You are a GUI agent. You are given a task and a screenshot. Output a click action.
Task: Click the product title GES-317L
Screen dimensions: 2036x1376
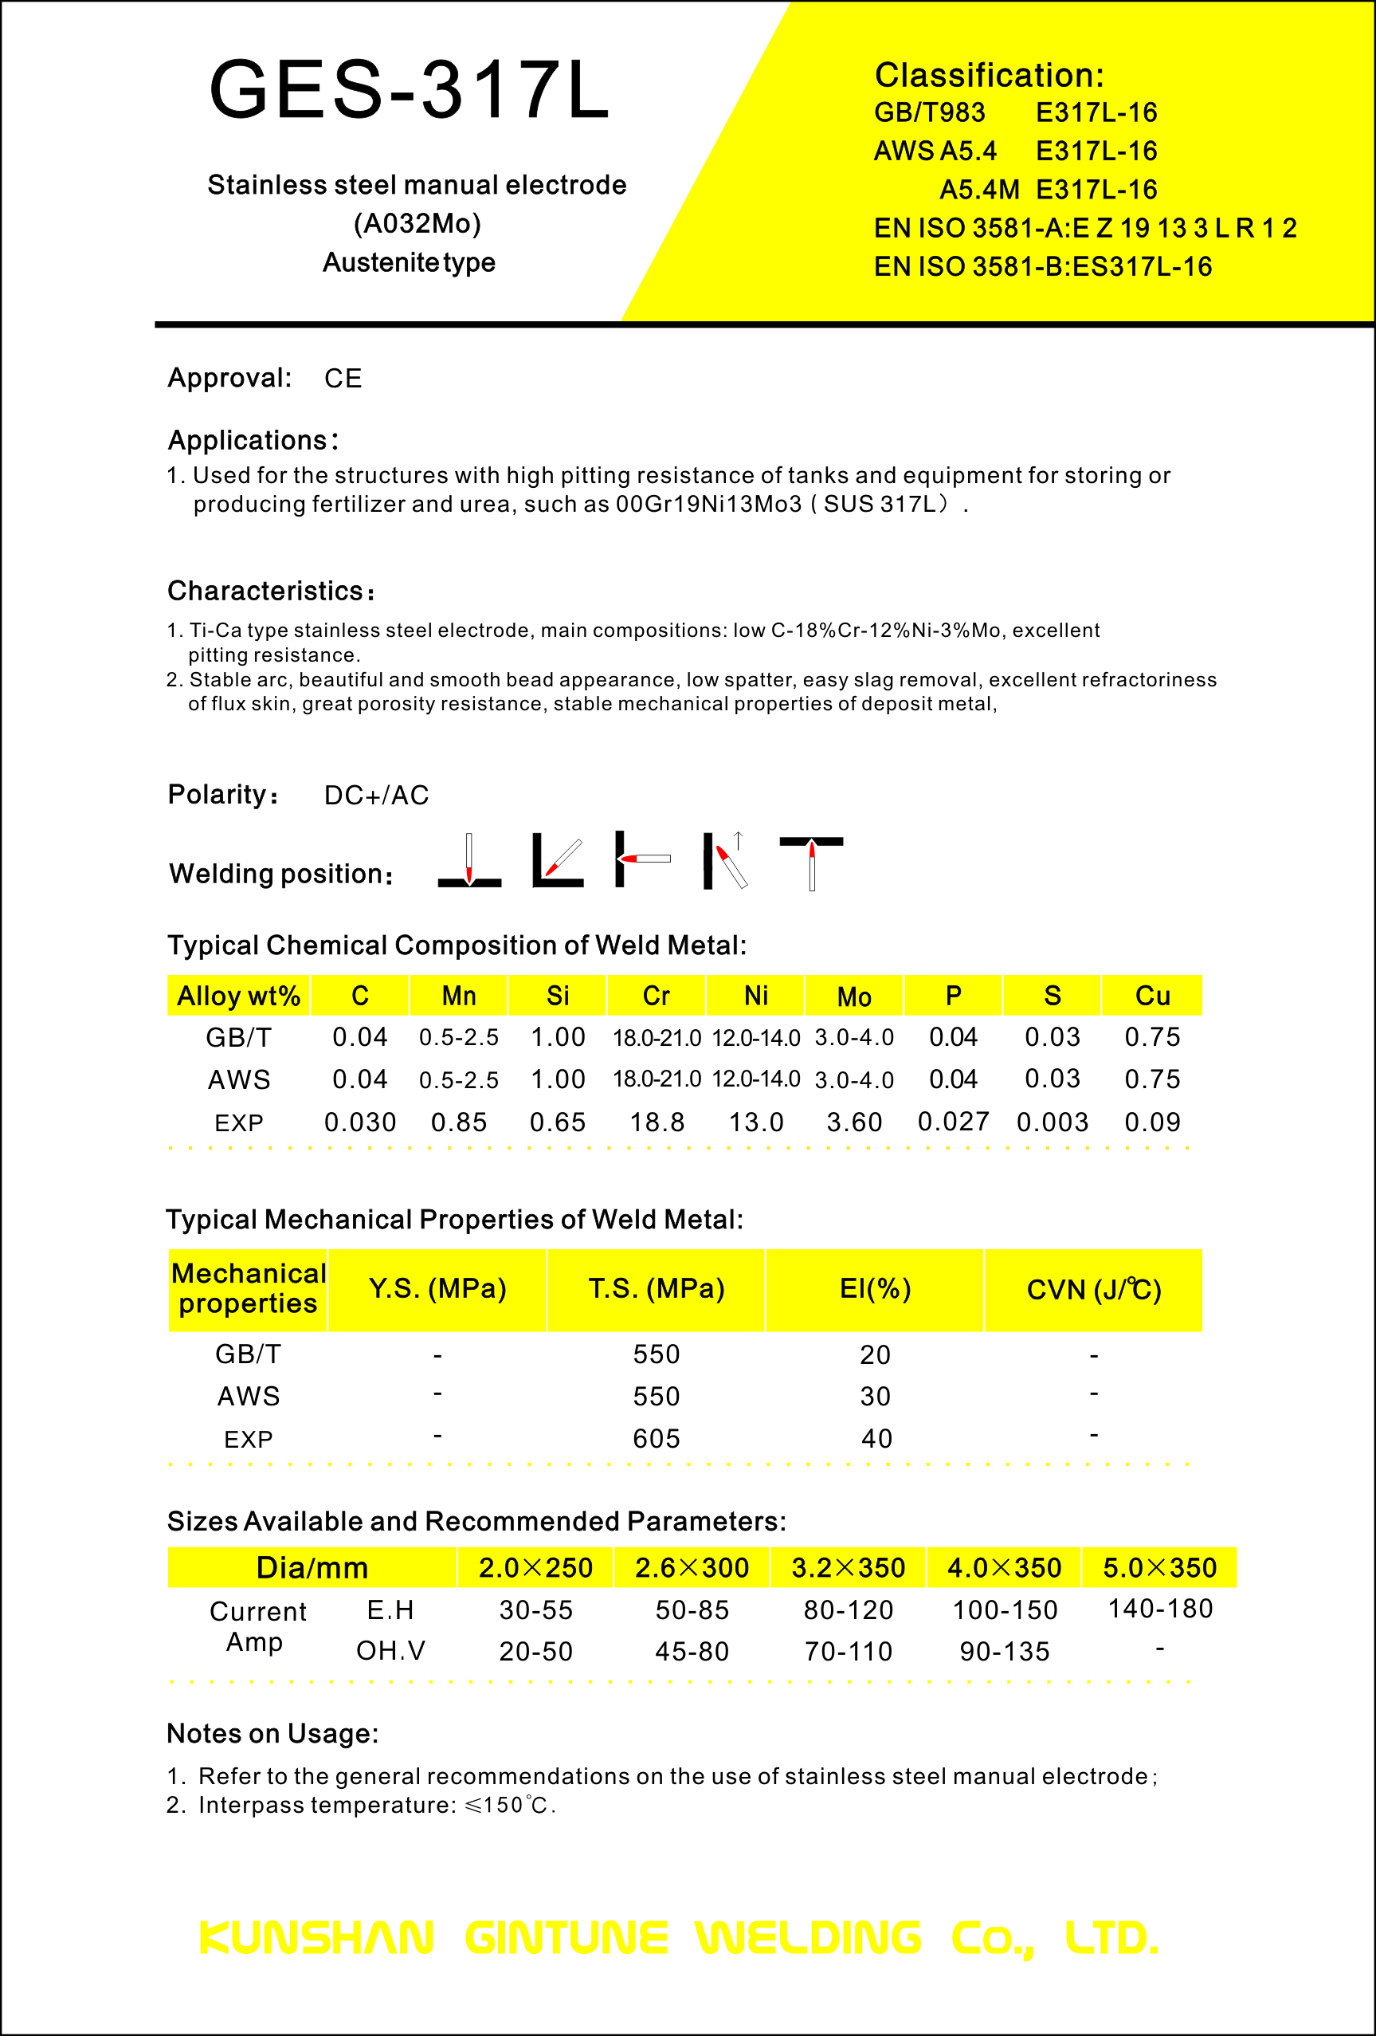point(409,89)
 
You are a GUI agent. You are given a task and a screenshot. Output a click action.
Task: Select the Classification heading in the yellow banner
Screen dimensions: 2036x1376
point(989,76)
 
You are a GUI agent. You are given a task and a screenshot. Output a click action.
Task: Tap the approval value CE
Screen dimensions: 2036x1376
point(343,379)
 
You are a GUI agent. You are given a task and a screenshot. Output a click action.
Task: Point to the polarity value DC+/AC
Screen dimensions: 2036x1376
point(377,796)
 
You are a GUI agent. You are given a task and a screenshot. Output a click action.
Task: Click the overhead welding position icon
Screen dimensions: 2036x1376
point(811,862)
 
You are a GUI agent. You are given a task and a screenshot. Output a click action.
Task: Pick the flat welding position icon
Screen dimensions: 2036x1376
point(469,860)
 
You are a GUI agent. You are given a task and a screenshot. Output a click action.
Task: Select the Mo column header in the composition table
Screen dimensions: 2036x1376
point(854,997)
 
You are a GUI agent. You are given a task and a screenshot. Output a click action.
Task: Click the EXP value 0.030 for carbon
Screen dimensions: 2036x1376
point(360,1122)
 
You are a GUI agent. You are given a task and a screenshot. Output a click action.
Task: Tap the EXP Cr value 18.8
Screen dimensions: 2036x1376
point(657,1122)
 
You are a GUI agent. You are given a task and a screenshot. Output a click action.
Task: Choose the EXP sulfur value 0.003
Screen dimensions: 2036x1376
point(1052,1122)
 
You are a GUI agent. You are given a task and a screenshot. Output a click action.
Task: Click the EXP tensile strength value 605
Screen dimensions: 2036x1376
point(656,1439)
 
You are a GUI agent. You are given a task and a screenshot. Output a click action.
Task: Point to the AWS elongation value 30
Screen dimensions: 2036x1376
point(875,1397)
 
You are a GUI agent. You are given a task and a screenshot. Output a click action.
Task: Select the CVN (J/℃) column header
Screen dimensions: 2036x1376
point(1094,1290)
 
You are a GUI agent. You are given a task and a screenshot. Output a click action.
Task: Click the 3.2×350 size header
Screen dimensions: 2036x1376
point(848,1568)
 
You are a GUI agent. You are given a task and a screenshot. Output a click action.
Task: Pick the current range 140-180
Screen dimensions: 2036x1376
point(1159,1609)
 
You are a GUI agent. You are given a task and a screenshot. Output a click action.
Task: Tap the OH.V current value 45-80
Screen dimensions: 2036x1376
point(692,1652)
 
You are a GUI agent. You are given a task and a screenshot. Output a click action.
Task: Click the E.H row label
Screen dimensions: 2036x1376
point(390,1610)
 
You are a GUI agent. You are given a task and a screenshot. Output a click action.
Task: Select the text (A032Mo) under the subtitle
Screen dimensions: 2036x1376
point(417,224)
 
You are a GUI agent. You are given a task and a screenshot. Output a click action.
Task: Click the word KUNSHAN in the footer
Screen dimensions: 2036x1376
point(316,1939)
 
